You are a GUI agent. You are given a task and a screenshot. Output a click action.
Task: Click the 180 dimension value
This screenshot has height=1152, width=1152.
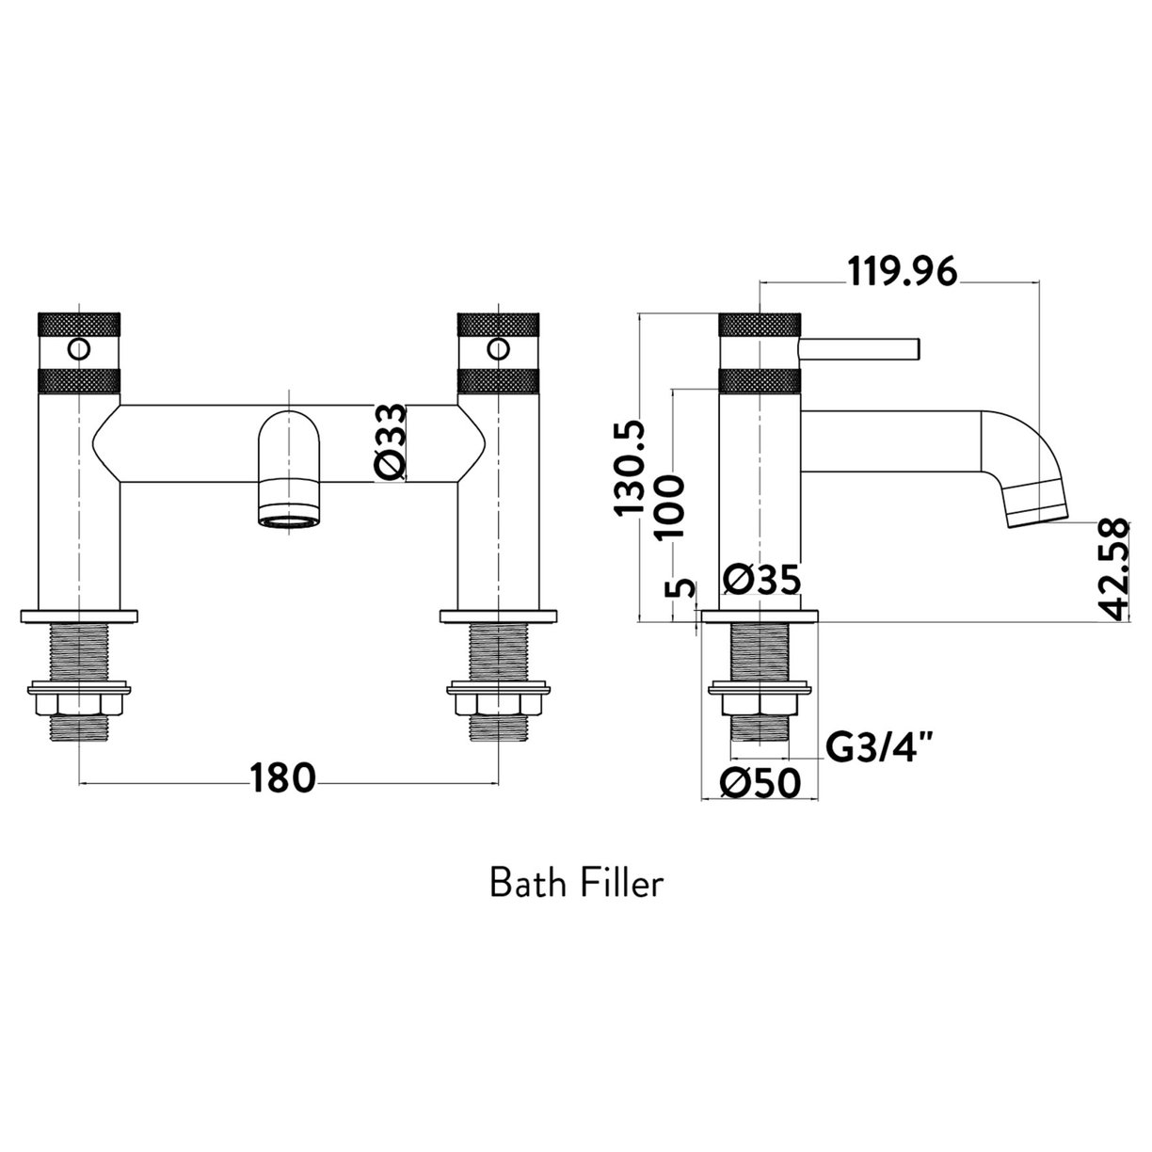pyautogui.click(x=281, y=779)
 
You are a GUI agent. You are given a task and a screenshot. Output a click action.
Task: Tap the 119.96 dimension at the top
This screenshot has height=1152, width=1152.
pyautogui.click(x=903, y=272)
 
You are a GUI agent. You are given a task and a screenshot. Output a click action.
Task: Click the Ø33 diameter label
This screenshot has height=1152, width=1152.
pyautogui.click(x=392, y=443)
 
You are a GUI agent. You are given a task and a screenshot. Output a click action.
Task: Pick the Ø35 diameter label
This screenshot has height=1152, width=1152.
pyautogui.click(x=762, y=580)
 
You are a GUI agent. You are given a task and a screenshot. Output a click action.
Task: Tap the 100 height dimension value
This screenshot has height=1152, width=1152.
pyautogui.click(x=668, y=505)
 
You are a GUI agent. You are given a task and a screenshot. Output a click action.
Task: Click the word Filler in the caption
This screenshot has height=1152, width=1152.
pyautogui.click(x=623, y=885)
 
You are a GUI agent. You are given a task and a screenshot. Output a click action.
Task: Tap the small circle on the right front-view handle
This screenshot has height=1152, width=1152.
pyautogui.click(x=495, y=351)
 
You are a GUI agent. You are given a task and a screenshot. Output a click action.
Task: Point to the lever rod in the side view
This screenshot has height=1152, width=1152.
pyautogui.click(x=858, y=348)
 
